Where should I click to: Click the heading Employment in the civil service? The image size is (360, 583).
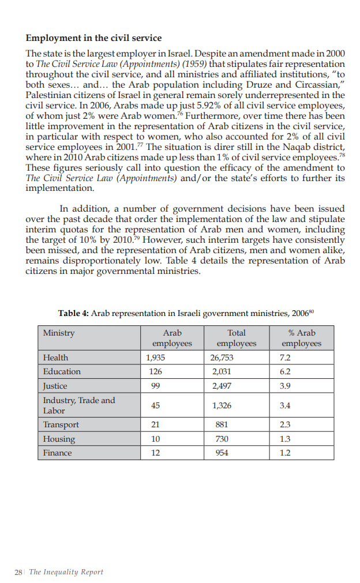pyautogui.click(x=93, y=38)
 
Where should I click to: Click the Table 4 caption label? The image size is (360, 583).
pyautogui.click(x=73, y=313)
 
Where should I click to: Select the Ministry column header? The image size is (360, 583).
pyautogui.click(x=59, y=333)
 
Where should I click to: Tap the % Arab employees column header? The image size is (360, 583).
pyautogui.click(x=301, y=338)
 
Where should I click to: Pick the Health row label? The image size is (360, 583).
pyautogui.click(x=55, y=358)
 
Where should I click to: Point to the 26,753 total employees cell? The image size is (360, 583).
pyautogui.click(x=222, y=358)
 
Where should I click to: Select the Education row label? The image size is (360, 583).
pyautogui.click(x=62, y=371)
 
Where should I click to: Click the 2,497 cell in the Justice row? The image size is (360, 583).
pyautogui.click(x=222, y=386)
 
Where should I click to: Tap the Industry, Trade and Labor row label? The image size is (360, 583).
pyautogui.click(x=79, y=405)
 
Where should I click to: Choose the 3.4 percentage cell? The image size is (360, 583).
pyautogui.click(x=284, y=405)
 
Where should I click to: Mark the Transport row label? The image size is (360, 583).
pyautogui.click(x=61, y=425)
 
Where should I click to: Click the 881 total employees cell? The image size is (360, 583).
pyautogui.click(x=220, y=425)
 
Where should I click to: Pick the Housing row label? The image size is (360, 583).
pyautogui.click(x=59, y=439)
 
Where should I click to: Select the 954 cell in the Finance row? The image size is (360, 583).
pyautogui.click(x=220, y=453)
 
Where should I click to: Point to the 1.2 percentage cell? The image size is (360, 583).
pyautogui.click(x=284, y=453)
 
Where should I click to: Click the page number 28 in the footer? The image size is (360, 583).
pyautogui.click(x=18, y=572)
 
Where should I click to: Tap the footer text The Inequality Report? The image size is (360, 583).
pyautogui.click(x=66, y=572)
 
